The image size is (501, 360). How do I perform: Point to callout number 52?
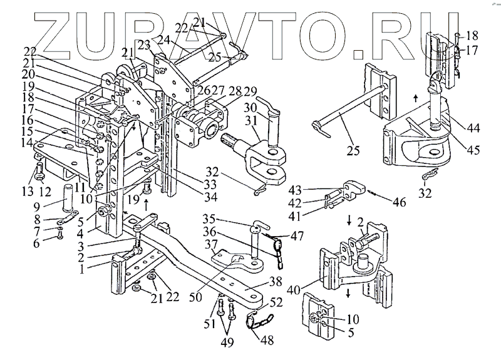point(276,303)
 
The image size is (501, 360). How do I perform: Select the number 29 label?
point(233,92)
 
